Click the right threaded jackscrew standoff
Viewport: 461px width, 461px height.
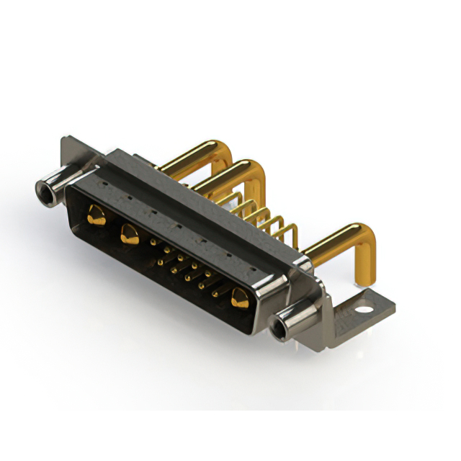click(292, 321)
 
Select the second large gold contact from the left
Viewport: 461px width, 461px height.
click(130, 232)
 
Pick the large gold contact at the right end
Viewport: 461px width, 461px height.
click(239, 297)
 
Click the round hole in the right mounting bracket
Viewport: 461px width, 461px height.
click(366, 310)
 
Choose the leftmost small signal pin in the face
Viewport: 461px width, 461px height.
click(153, 243)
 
